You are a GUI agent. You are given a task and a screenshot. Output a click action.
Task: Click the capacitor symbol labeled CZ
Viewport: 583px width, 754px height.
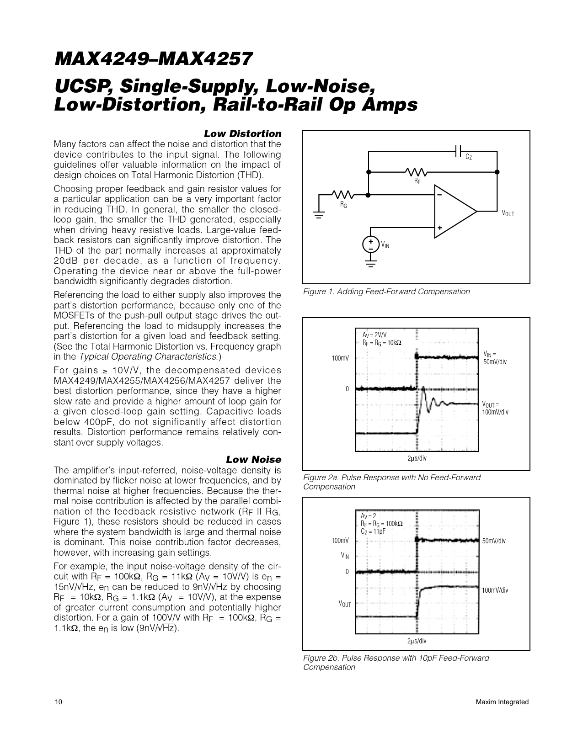click(x=458, y=151)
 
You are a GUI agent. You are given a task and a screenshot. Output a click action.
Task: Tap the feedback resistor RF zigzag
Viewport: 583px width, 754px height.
click(x=416, y=172)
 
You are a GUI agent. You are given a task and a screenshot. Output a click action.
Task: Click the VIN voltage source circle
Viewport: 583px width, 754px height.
click(x=370, y=244)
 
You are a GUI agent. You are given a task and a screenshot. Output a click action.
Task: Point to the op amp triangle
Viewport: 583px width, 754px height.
click(x=453, y=212)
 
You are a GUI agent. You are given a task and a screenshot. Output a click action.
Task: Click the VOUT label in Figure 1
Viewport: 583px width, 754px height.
click(x=508, y=213)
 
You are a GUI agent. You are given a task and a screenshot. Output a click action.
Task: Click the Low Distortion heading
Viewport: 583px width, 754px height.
click(x=242, y=134)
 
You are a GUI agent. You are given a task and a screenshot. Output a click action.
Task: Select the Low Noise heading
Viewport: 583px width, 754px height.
click(x=253, y=460)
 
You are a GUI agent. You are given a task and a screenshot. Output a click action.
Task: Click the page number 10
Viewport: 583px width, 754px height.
click(x=58, y=702)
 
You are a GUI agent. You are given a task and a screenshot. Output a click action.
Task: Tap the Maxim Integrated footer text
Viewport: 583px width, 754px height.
click(x=502, y=702)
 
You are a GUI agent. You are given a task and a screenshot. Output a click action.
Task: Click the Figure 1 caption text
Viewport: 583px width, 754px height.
click(x=386, y=292)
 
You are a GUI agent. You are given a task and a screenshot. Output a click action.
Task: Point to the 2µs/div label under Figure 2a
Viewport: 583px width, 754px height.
click(x=417, y=458)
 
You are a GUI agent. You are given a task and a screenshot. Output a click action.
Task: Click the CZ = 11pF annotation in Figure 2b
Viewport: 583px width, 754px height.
click(x=373, y=531)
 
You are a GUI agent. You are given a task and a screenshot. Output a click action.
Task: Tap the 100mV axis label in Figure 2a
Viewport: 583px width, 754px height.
click(x=340, y=358)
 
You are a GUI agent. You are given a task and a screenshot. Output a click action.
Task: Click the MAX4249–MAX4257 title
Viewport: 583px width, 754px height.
click(x=153, y=59)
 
